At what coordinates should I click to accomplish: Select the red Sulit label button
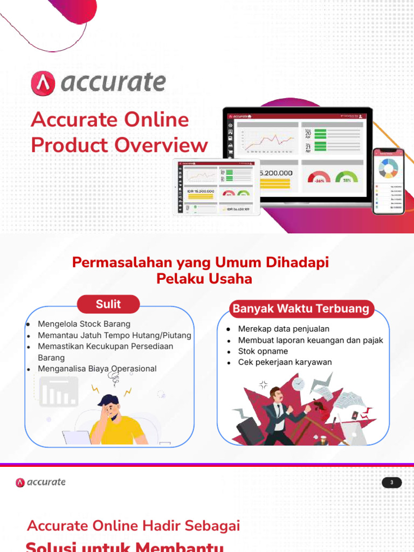click(108, 304)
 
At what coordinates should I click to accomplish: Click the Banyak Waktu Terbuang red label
click(301, 309)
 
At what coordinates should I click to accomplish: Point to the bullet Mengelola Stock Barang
click(84, 324)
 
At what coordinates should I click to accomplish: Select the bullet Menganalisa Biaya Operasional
click(97, 369)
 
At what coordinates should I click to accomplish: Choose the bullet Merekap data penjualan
click(284, 329)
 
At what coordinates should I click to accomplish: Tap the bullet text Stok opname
click(263, 351)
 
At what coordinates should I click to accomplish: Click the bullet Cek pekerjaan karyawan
click(285, 362)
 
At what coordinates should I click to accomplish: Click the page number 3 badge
click(392, 482)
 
